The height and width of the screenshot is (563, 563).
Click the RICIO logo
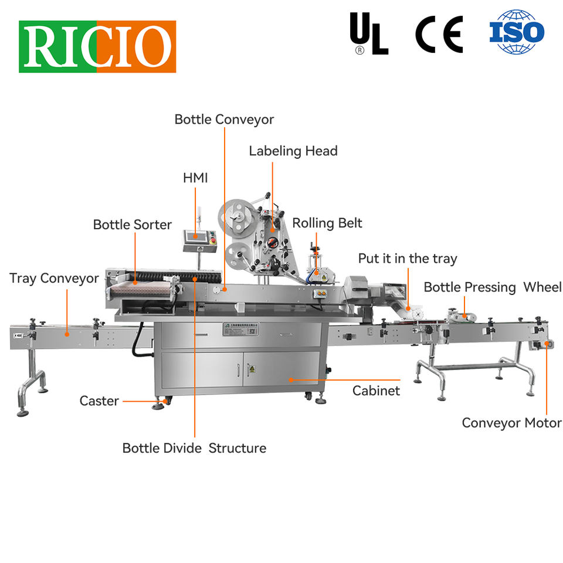click(97, 46)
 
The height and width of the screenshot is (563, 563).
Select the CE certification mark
click(439, 35)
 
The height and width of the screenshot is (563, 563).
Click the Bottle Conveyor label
click(224, 120)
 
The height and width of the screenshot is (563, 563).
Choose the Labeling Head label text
click(293, 151)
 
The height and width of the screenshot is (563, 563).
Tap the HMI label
click(195, 178)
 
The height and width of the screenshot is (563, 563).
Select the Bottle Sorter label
click(133, 225)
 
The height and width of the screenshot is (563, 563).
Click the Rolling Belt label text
click(327, 223)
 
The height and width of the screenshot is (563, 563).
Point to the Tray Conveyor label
click(54, 278)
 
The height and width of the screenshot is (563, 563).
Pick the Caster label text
click(99, 401)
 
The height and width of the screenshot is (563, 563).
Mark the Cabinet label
click(376, 391)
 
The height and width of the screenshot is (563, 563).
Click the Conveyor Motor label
click(511, 423)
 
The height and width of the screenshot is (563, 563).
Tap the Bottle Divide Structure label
click(194, 448)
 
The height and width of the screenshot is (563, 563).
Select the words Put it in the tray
click(408, 259)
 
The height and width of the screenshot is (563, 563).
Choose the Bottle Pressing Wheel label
click(493, 287)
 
